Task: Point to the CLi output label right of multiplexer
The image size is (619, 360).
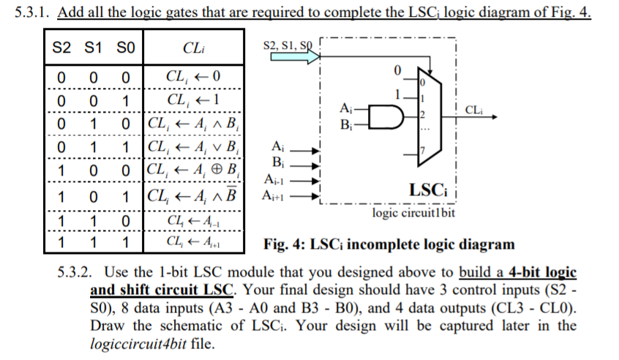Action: pyautogui.click(x=473, y=110)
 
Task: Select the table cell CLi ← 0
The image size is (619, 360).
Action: pyautogui.click(x=193, y=76)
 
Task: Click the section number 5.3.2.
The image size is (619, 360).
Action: pyautogui.click(x=74, y=272)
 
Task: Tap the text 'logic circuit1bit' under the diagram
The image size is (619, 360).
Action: pyautogui.click(x=413, y=214)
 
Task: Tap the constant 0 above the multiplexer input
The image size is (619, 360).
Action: pyautogui.click(x=397, y=71)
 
